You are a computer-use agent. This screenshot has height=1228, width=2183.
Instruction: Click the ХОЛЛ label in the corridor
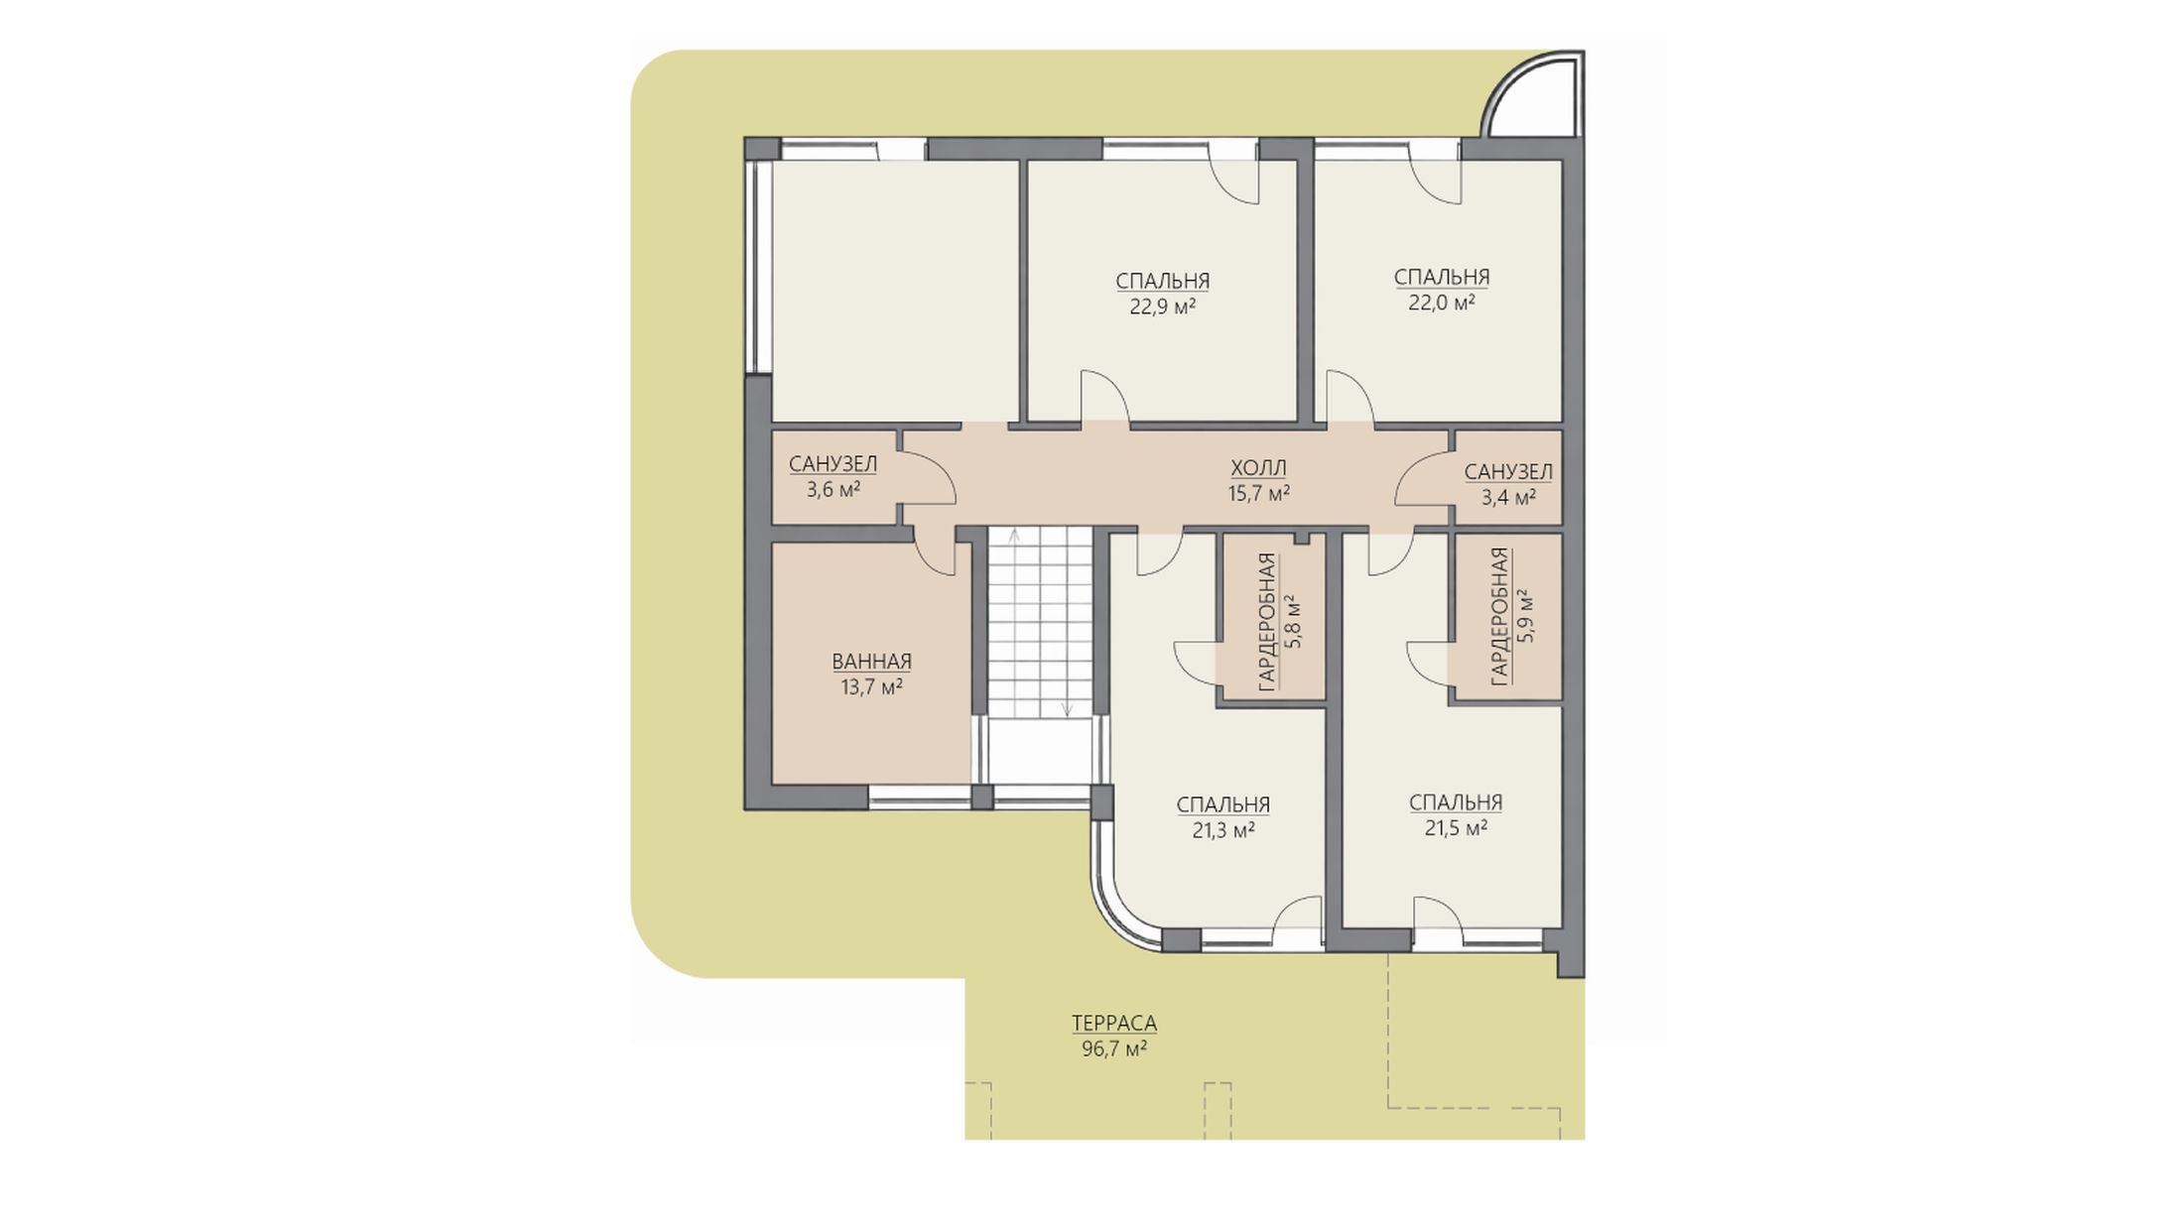(1258, 468)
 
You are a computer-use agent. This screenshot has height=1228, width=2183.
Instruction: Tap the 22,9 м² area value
(1162, 307)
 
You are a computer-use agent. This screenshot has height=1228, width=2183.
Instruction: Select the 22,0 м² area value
(1441, 303)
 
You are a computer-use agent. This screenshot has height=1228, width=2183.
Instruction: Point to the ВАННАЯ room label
(871, 662)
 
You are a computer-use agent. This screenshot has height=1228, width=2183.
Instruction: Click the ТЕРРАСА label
(1113, 1023)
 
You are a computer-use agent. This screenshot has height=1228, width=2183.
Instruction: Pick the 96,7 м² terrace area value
(1114, 1048)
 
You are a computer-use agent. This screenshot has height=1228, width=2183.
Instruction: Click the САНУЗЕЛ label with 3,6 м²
(833, 463)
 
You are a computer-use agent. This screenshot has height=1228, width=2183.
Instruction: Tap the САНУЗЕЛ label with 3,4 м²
(1508, 472)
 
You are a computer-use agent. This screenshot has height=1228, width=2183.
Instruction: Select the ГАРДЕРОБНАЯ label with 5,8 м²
(1266, 622)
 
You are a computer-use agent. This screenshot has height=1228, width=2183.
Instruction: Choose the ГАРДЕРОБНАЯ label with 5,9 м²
(1498, 616)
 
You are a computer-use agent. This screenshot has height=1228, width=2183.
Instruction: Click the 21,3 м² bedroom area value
(1222, 830)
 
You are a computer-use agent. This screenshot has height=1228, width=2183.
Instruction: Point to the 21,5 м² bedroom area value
(1456, 827)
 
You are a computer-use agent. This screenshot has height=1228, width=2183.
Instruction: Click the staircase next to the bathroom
(1039, 622)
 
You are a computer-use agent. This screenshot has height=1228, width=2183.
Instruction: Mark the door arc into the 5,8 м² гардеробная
(1196, 665)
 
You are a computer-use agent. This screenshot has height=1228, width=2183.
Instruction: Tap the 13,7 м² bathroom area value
(871, 686)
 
